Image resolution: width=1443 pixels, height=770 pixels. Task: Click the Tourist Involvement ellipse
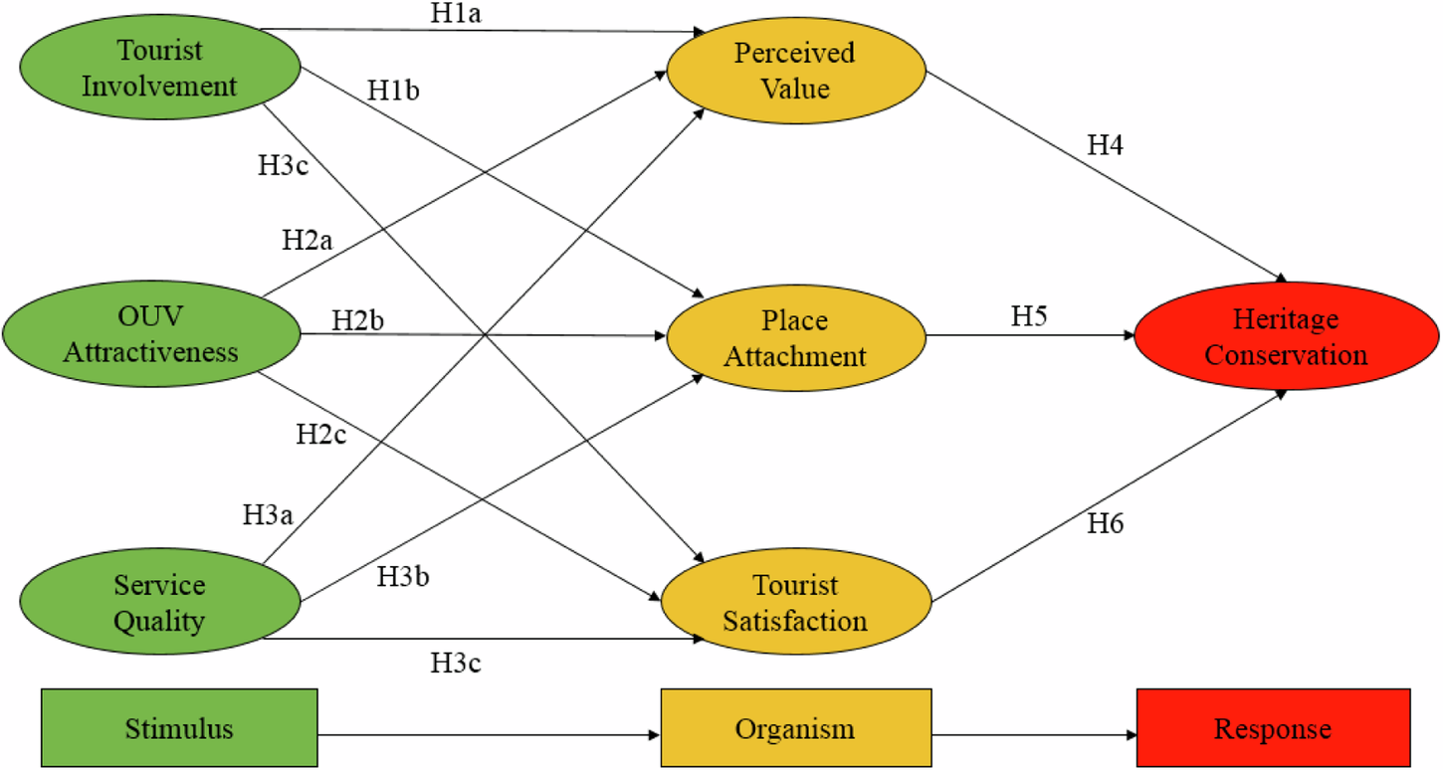(x=159, y=68)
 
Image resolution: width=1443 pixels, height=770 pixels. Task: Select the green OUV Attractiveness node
(x=151, y=334)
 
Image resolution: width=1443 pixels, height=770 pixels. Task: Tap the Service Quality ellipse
(x=159, y=603)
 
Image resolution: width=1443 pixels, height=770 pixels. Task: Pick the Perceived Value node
(x=795, y=70)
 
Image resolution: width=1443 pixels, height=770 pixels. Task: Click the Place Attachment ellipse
(x=795, y=338)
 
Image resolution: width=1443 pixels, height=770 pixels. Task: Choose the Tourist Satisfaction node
(x=795, y=603)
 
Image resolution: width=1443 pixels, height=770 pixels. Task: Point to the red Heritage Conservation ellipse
(x=1286, y=336)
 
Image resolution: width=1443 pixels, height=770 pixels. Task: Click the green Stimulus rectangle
(x=179, y=728)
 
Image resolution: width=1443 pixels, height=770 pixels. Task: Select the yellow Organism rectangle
(x=795, y=728)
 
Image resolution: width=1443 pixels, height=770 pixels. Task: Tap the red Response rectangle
(x=1273, y=728)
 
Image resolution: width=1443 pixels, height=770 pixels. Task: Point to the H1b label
(x=393, y=91)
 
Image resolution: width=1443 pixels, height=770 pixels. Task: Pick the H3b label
(x=403, y=576)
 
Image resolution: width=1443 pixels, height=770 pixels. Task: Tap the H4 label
(x=1106, y=145)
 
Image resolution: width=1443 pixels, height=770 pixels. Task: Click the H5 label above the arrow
(x=1031, y=316)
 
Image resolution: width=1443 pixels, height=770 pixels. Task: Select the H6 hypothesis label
(x=1104, y=524)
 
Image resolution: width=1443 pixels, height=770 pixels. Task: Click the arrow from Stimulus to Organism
(x=488, y=734)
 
